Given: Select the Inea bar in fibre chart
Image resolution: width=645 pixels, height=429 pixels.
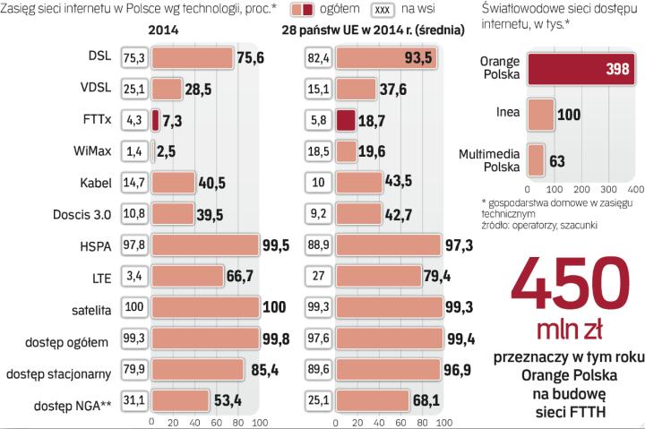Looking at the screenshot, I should [x=542, y=116].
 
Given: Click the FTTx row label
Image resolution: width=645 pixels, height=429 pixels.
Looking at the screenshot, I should [x=96, y=119].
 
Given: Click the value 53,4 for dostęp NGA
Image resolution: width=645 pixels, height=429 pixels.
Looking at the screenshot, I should [x=228, y=399].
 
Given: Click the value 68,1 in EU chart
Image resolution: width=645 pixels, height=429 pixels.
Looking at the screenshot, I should [x=429, y=399].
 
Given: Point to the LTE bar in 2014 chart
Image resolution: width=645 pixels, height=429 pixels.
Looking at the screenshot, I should [x=186, y=277].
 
